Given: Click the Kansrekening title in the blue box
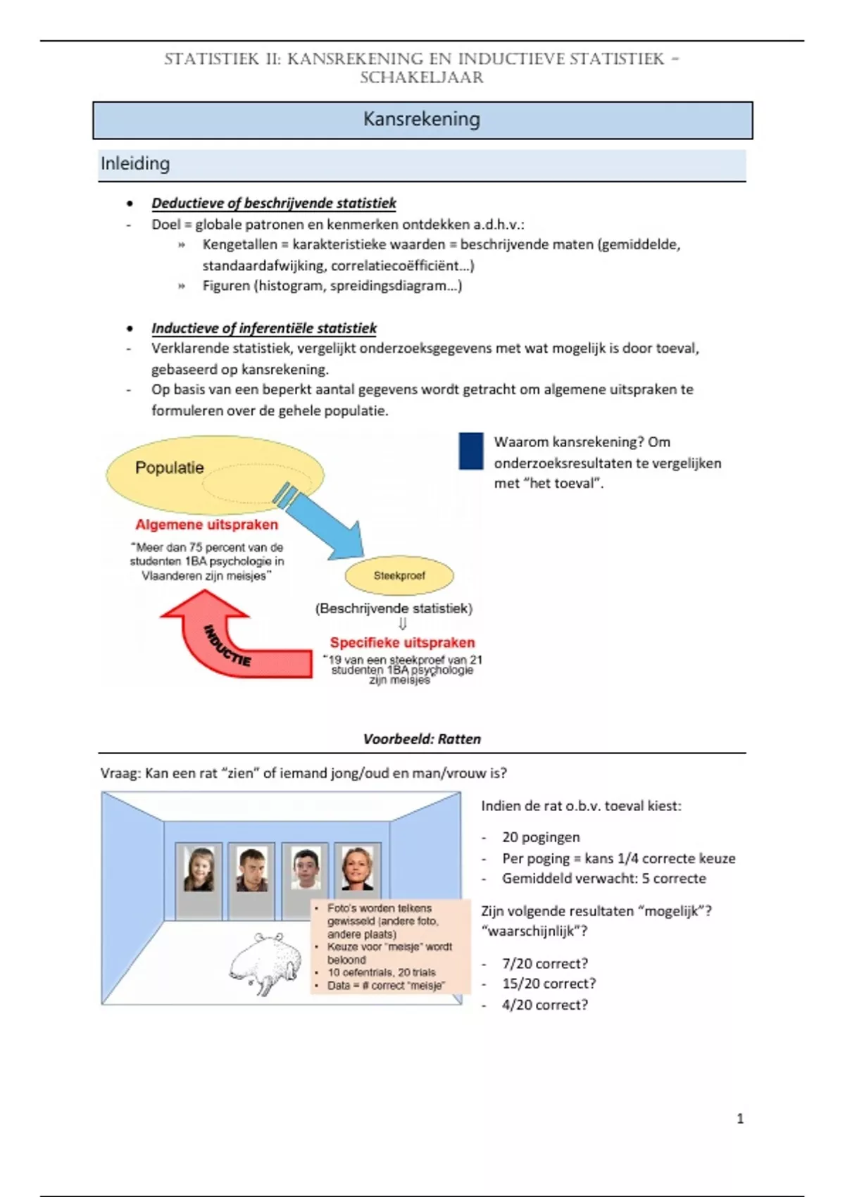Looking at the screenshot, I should tap(421, 119).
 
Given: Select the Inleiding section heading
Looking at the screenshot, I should tap(135, 163).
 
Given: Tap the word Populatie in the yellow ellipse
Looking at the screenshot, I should tap(169, 468).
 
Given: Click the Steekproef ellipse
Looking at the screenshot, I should tap(399, 575).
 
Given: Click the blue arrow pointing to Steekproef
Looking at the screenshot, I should tap(320, 519).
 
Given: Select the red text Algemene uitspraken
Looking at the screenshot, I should tap(206, 525).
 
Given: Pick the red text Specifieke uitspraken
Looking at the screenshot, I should tap(402, 642).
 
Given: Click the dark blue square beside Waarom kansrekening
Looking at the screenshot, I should tap(470, 451).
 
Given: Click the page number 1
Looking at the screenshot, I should tap(740, 1118).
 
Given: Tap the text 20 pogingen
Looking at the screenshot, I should tap(541, 837).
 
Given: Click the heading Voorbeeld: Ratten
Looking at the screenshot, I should tap(422, 739).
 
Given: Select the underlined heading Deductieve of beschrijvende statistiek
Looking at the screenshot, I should tap(274, 203).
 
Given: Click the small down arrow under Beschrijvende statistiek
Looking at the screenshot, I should tap(403, 624).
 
